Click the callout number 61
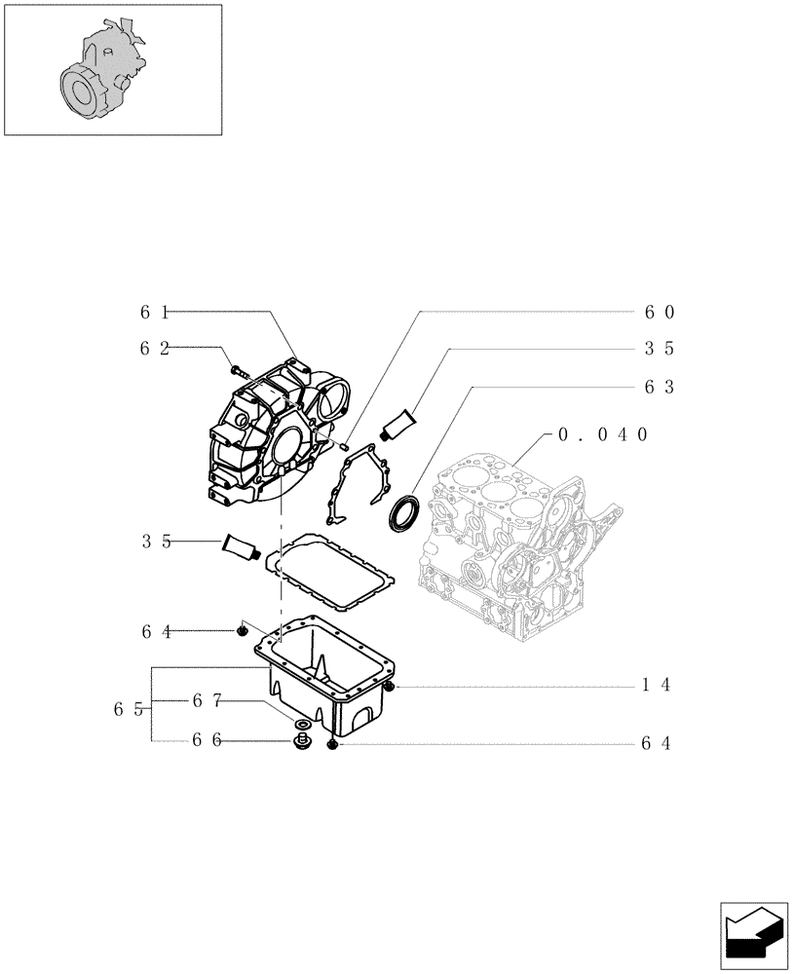pyautogui.click(x=153, y=313)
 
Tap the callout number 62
pyautogui.click(x=153, y=347)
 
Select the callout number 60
pyautogui.click(x=660, y=313)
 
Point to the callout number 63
pyautogui.click(x=660, y=387)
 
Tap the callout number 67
pyautogui.click(x=207, y=699)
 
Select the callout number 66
pyautogui.click(x=206, y=740)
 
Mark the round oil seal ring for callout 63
pyautogui.click(x=406, y=514)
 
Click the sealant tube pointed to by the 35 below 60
pyautogui.click(x=399, y=426)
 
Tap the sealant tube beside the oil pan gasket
pyautogui.click(x=241, y=546)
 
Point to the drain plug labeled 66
pyautogui.click(x=300, y=744)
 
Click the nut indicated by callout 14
pyautogui.click(x=388, y=689)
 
